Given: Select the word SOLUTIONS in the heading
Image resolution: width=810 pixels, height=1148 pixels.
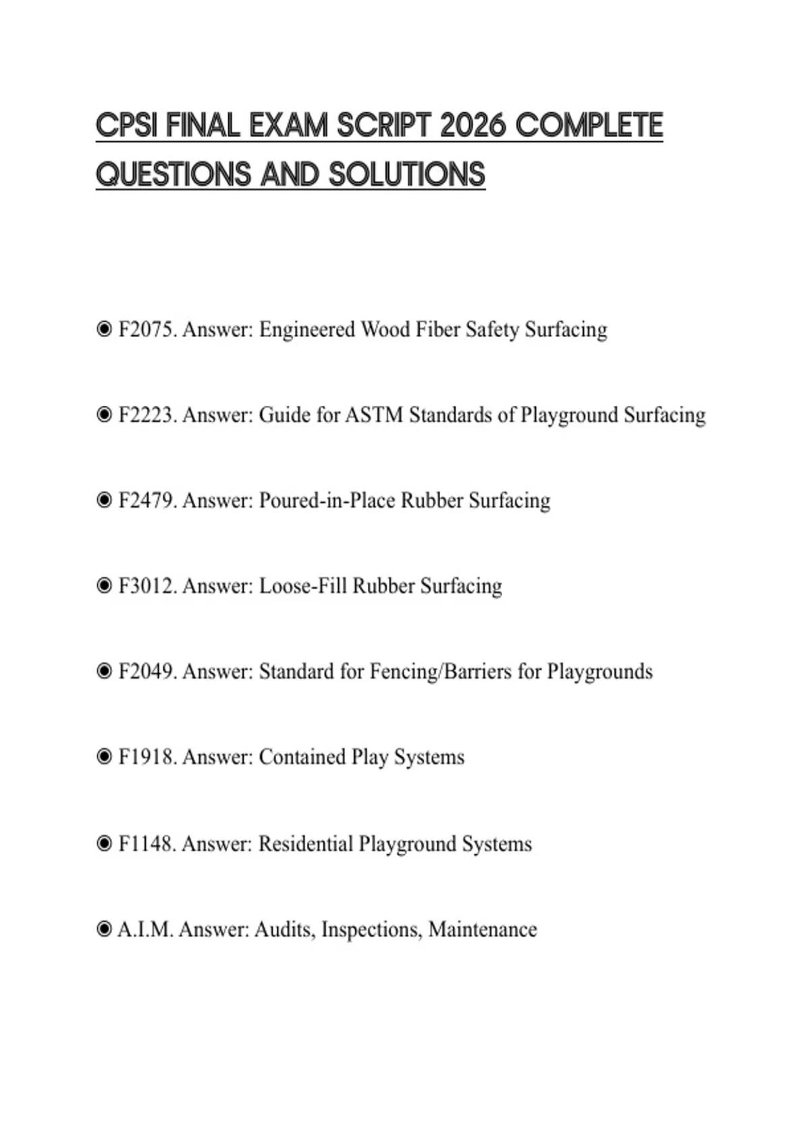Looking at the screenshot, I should [x=407, y=174].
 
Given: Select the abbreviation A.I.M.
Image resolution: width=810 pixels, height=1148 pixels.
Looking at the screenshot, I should [x=145, y=929].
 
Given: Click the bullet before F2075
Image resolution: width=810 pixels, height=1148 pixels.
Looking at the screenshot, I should [x=104, y=330].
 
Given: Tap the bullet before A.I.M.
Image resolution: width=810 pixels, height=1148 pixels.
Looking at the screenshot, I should [x=104, y=929].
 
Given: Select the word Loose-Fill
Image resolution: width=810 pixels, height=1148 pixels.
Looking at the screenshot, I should [x=302, y=585].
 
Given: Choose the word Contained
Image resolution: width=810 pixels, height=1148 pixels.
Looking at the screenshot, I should [x=302, y=757].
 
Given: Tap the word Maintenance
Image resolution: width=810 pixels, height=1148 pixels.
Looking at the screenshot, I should [x=483, y=929].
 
